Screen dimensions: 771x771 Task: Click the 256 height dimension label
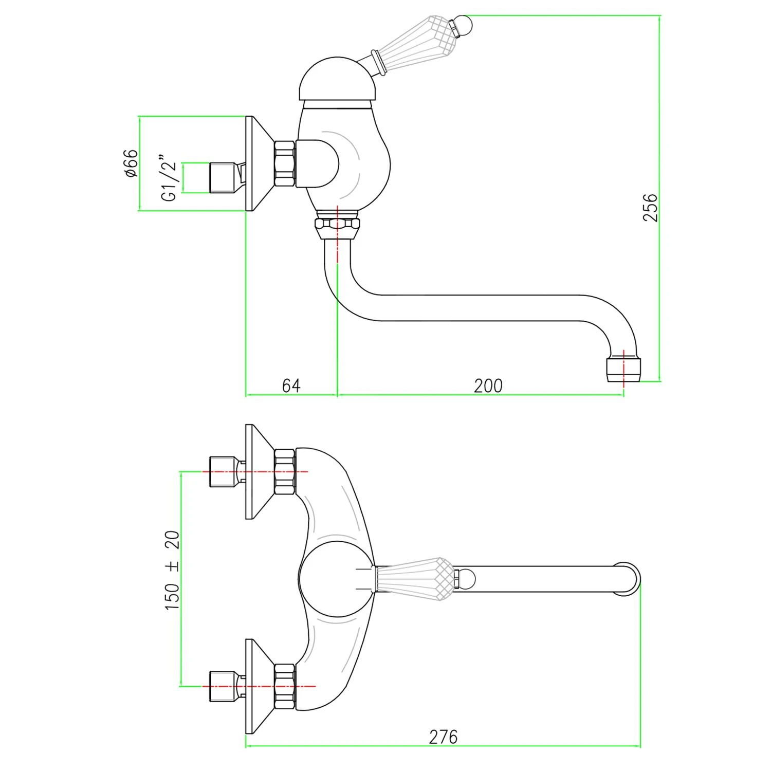pos(650,207)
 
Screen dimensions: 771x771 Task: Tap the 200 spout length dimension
pos(488,385)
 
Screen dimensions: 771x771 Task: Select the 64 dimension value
pos(291,385)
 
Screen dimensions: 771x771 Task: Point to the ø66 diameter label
pos(131,163)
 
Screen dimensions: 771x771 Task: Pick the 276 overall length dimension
pos(443,737)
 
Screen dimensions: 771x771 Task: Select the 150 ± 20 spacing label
pos(172,570)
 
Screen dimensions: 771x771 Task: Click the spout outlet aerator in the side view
pos(623,369)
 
